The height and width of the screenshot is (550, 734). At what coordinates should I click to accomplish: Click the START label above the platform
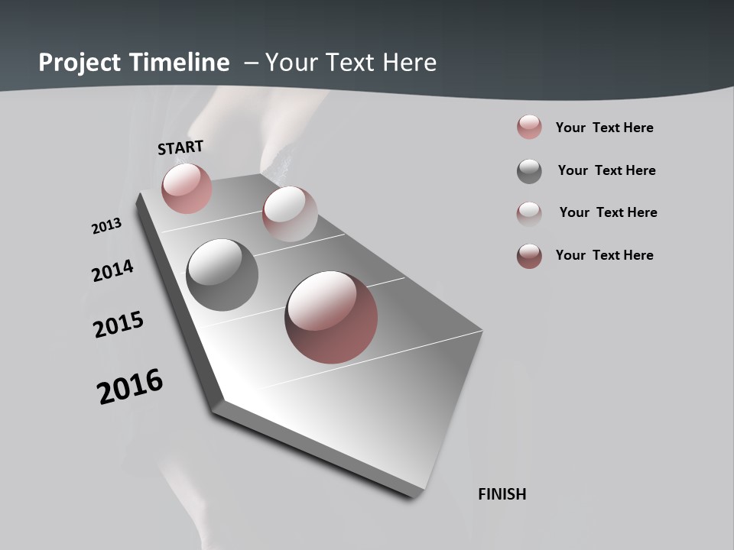(180, 147)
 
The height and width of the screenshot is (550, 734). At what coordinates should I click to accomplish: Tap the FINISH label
(502, 494)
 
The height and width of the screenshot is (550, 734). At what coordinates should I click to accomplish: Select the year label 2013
(107, 226)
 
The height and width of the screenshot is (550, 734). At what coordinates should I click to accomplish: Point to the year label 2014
(113, 270)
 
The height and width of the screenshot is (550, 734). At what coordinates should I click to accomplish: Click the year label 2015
(119, 325)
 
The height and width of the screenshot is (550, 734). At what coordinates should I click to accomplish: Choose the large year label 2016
(130, 386)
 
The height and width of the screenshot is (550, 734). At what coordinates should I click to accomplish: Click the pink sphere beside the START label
(187, 188)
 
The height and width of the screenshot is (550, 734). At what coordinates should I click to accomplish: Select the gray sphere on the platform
(222, 275)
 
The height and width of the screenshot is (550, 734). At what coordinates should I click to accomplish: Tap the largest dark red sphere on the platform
(331, 317)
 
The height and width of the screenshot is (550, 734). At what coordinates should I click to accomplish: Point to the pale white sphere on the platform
(290, 214)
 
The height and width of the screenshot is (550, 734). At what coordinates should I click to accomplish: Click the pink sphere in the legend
(529, 127)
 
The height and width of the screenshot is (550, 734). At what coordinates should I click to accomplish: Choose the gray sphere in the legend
(529, 171)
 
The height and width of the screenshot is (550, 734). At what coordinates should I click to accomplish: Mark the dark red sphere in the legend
(529, 256)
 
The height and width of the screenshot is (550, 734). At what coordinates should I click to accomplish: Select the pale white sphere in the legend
(529, 213)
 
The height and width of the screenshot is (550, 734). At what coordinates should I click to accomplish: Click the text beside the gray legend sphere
(606, 170)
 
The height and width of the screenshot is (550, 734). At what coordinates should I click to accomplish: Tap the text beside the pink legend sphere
(604, 128)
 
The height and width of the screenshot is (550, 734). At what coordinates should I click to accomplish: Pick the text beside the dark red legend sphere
(604, 255)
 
